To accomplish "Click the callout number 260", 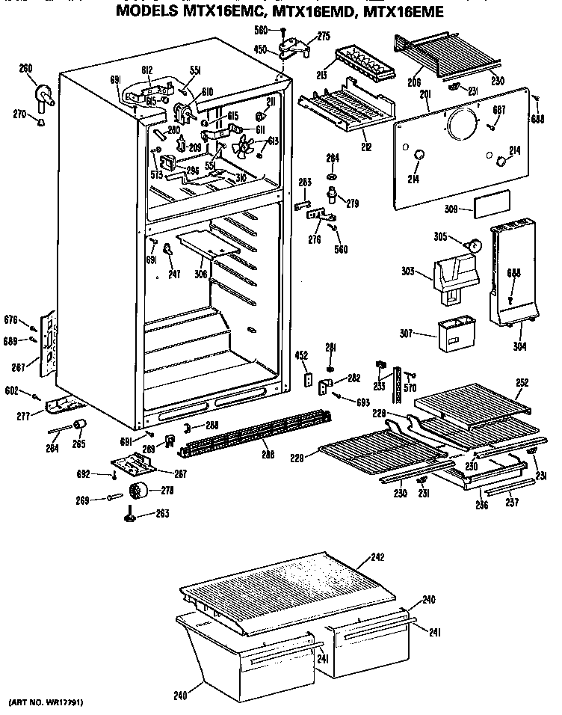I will point(26,69).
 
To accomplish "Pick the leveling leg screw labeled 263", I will point(132,514).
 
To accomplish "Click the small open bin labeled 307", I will point(454,334).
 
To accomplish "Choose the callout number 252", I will point(522,382).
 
